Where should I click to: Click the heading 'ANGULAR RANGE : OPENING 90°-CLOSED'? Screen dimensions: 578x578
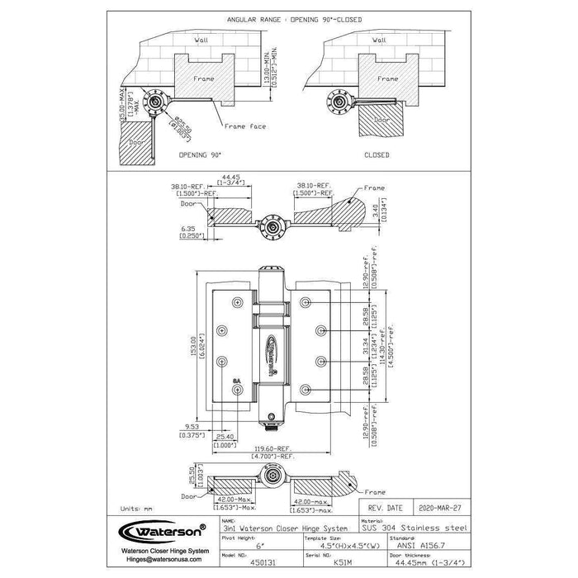coord(288,17)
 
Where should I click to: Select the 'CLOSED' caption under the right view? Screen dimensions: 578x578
coord(376,154)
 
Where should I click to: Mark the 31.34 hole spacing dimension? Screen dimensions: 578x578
coord(367,345)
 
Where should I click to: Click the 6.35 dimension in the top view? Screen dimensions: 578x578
coord(188,232)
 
